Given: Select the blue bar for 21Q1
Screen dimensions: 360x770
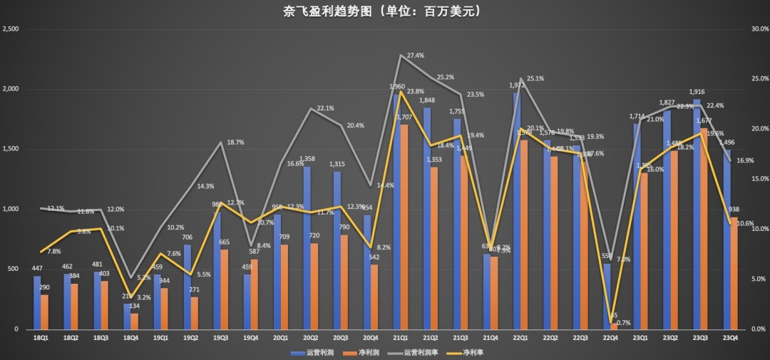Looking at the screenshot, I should pos(397,214).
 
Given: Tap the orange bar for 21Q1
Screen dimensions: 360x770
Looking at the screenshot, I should pos(405,228).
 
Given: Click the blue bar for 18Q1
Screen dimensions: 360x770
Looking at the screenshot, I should pos(37,303).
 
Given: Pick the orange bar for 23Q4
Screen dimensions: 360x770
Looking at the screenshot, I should pos(734,274).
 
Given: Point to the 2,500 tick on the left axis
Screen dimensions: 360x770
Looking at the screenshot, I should pos(10,29).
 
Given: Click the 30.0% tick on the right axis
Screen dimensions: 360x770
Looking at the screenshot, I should pos(760,29).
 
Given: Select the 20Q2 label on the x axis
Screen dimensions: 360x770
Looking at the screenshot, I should pos(310,338).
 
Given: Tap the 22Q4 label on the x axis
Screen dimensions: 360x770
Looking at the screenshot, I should pos(610,338).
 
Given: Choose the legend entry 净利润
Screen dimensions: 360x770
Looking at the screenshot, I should pos(364,352).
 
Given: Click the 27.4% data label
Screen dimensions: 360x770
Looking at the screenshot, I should pos(416,56).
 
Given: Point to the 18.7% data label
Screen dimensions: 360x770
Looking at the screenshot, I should pos(235,143).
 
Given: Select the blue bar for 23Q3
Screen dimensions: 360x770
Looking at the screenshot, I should pos(697,214).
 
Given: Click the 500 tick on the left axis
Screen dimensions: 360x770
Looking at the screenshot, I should pos(14,269).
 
